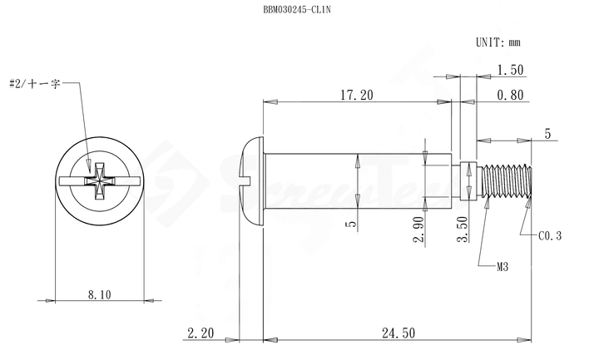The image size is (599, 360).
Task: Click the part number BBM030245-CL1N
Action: [297, 9]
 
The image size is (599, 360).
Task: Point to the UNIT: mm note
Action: [498, 42]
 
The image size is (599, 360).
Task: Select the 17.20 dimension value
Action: [357, 95]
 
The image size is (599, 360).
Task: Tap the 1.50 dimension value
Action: [510, 70]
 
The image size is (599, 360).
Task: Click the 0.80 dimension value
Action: [510, 95]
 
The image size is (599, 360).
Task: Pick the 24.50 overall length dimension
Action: [399, 333]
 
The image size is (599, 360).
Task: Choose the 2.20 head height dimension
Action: [200, 333]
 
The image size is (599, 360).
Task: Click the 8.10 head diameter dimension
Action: [99, 294]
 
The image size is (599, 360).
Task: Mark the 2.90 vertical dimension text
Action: [418, 229]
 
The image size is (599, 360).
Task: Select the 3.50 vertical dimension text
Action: [463, 229]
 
